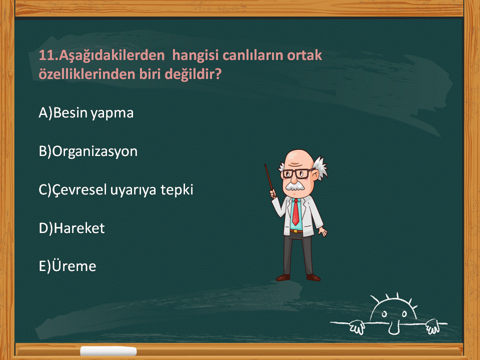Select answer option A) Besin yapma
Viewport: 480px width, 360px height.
pyautogui.click(x=86, y=113)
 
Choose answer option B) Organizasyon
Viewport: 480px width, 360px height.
pyautogui.click(x=88, y=151)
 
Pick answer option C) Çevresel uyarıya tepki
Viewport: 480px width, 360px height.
pyautogui.click(x=115, y=190)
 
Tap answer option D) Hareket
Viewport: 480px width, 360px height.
pyautogui.click(x=71, y=228)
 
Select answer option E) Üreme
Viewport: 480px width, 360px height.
pyautogui.click(x=67, y=265)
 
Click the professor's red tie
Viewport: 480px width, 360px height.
pyautogui.click(x=295, y=212)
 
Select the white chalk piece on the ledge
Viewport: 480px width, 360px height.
pyautogui.click(x=108, y=351)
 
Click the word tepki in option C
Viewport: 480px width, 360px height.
pyautogui.click(x=177, y=190)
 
